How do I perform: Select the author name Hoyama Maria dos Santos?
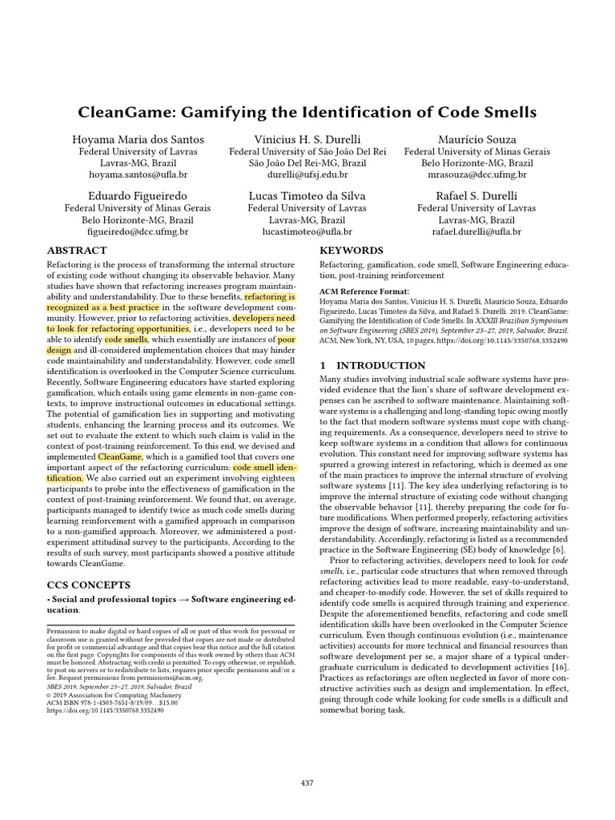click(138, 139)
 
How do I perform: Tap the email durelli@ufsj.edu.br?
click(307, 174)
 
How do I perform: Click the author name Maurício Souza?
click(476, 139)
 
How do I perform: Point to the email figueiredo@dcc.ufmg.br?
click(138, 231)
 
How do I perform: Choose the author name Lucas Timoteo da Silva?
click(307, 195)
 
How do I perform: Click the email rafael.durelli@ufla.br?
click(476, 231)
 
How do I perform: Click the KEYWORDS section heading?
click(352, 251)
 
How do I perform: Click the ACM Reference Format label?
click(364, 291)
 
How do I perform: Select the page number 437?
click(307, 782)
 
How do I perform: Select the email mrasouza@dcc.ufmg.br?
click(476, 174)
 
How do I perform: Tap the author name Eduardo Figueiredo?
click(138, 195)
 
